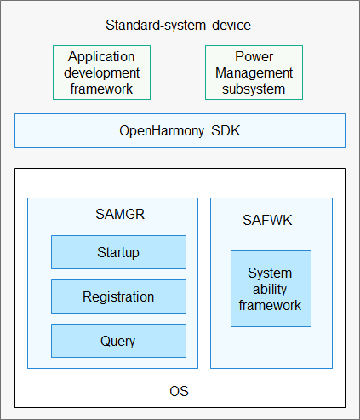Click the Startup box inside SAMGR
[118, 252]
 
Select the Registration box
[118, 296]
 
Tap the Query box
[118, 341]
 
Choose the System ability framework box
[271, 289]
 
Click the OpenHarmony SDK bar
[180, 131]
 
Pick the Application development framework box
[101, 72]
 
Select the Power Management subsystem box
[254, 72]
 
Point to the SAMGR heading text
[120, 214]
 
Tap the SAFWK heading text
[267, 220]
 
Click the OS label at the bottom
[179, 391]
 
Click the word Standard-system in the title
[156, 26]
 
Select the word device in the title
[231, 26]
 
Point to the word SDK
[226, 131]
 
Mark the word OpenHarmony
[162, 131]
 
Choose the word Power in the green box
[254, 56]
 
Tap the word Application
[101, 57]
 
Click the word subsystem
[254, 89]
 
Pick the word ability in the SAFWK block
[270, 290]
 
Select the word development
[101, 73]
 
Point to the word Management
[254, 73]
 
